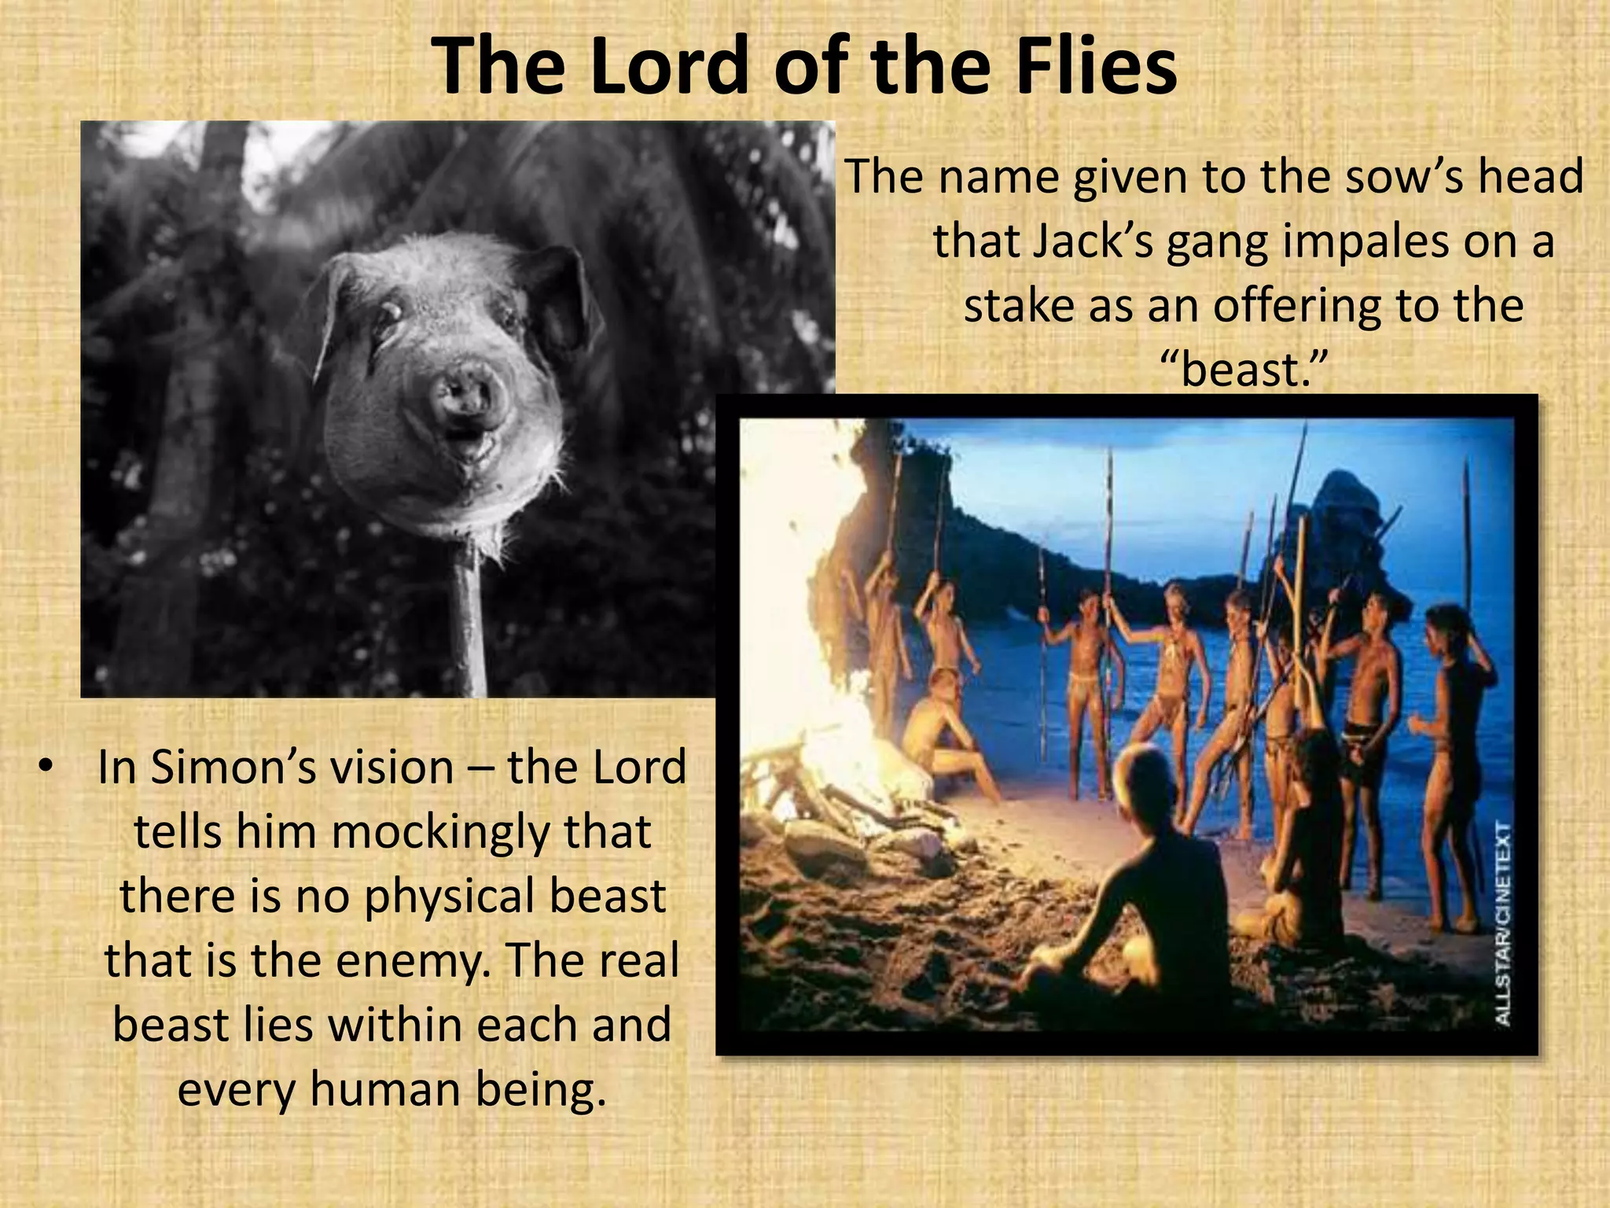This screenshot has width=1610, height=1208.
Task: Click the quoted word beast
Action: pyautogui.click(x=1243, y=370)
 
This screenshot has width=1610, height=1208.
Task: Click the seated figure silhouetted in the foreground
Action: pyautogui.click(x=1132, y=881)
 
